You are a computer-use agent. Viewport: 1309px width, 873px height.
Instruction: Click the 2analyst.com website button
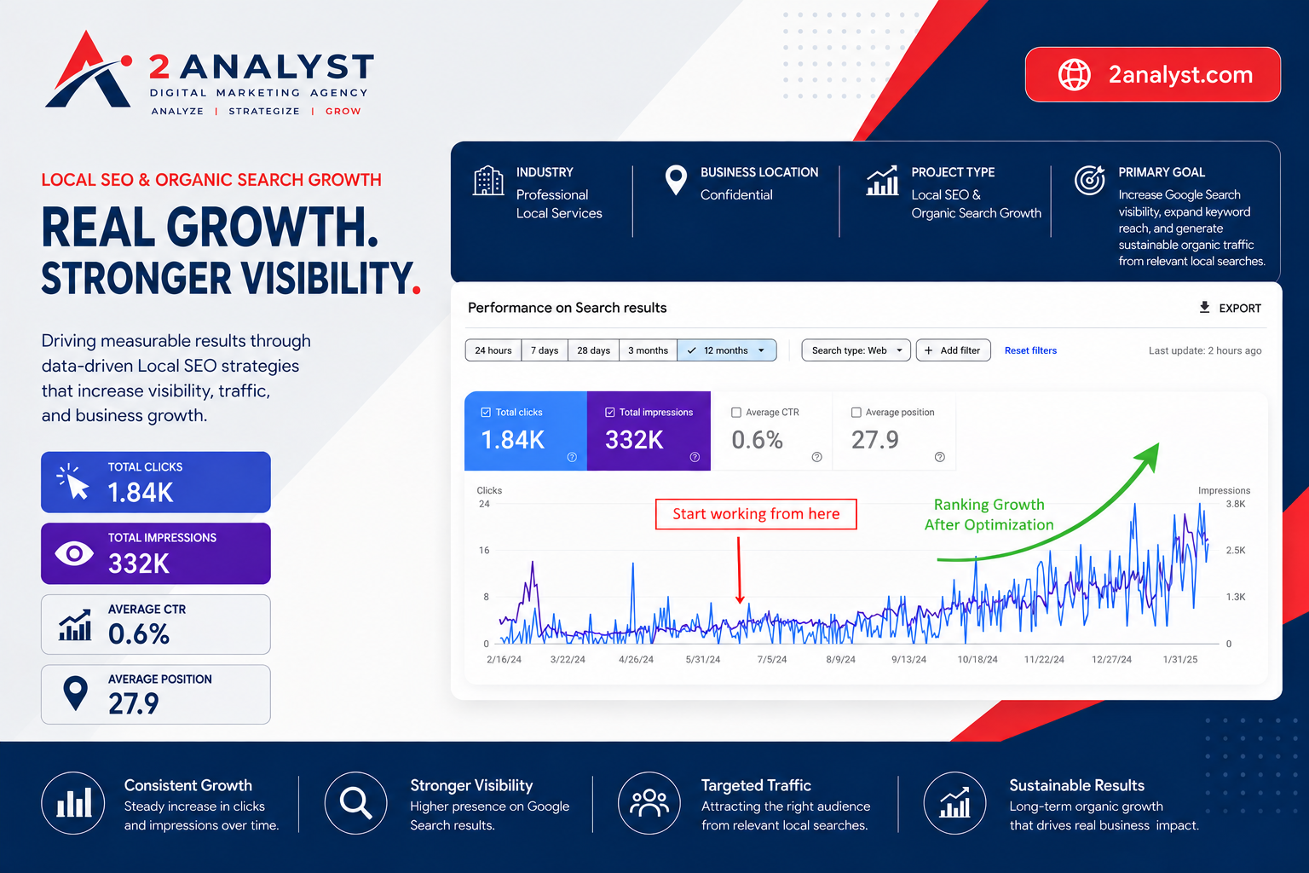coord(1152,74)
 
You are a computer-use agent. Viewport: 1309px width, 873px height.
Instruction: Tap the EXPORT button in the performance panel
coord(1230,308)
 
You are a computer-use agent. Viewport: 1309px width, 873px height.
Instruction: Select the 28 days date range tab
coord(593,350)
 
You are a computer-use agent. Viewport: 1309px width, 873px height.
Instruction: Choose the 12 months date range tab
coord(726,350)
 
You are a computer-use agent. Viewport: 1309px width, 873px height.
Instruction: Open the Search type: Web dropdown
coord(856,350)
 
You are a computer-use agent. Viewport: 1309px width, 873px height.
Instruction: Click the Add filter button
coord(953,350)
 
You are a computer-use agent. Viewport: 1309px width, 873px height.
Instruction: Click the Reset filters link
coord(1030,350)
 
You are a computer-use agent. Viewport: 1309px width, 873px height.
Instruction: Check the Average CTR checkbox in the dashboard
coord(736,413)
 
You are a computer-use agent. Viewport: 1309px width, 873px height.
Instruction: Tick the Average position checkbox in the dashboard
coord(856,413)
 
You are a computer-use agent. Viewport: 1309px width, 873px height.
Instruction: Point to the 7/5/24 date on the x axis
coord(772,659)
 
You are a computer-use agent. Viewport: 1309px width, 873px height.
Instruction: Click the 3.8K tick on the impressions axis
coord(1236,504)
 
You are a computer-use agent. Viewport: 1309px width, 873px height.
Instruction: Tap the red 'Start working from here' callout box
coord(756,514)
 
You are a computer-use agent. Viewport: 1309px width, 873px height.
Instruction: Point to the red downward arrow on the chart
coord(739,570)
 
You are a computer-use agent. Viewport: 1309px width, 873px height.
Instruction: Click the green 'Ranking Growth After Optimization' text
coord(989,515)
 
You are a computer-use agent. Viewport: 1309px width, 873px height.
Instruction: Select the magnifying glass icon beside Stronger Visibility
coord(356,803)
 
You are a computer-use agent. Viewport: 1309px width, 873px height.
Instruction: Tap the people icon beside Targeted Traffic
coord(649,803)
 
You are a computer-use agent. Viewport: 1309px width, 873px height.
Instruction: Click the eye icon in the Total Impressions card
coord(73,553)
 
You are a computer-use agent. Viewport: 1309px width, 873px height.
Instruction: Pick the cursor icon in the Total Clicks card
coord(72,482)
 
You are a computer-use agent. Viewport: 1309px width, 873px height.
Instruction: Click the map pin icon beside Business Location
coord(676,180)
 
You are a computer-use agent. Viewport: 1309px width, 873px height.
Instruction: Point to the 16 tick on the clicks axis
coord(484,550)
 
